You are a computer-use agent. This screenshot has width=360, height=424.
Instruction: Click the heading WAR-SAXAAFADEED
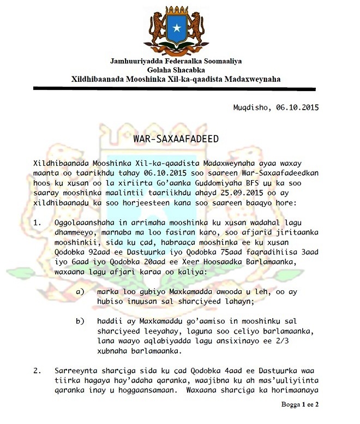176,139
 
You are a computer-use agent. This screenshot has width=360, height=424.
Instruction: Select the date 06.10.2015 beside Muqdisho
296,107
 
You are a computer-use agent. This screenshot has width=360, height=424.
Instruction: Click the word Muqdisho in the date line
251,107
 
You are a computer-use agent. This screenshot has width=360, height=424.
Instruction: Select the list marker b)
81,320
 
